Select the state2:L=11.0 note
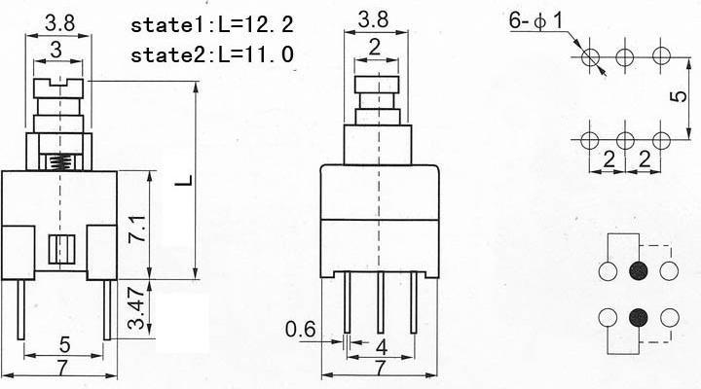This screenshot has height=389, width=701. click(211, 54)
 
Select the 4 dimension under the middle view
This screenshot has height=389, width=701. click(382, 347)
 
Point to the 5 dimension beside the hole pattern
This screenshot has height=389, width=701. click(684, 96)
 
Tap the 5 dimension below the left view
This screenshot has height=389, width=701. click(64, 343)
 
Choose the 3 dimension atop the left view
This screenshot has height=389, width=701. click(58, 50)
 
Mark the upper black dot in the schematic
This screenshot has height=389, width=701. click(639, 271)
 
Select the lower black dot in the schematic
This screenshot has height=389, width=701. click(639, 316)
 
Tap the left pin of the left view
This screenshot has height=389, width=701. click(21, 308)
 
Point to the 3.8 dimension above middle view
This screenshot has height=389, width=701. click(375, 18)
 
